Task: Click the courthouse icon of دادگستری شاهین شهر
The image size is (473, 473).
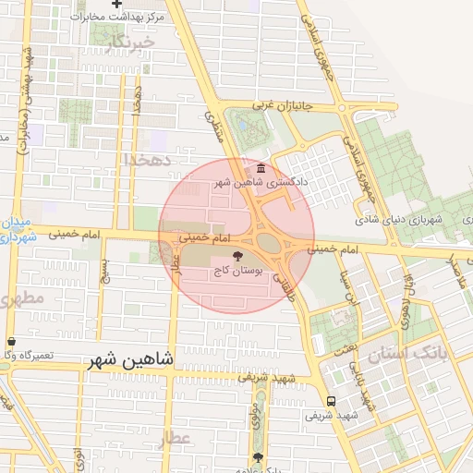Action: [x=261, y=169]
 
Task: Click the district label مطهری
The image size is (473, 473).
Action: [x=20, y=298]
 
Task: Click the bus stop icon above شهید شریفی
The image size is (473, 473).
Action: [x=331, y=401]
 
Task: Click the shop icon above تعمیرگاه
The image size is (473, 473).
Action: [x=10, y=341]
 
